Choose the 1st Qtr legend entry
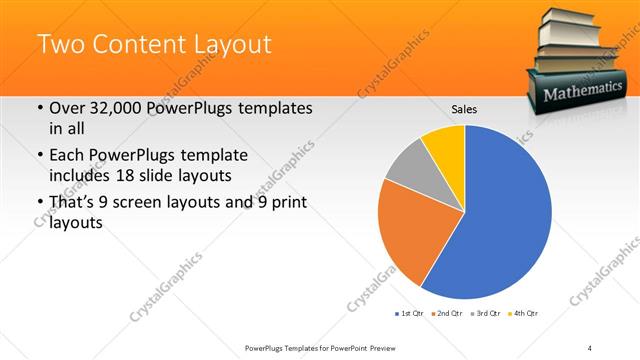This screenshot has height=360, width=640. point(409,314)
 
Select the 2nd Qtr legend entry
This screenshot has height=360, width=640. point(448,314)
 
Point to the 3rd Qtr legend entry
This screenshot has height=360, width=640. point(487,314)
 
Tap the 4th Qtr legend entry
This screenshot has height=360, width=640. point(525,314)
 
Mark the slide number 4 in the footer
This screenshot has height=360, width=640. point(590,347)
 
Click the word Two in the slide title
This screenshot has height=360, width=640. point(60,44)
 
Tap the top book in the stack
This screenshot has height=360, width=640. point(581,17)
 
